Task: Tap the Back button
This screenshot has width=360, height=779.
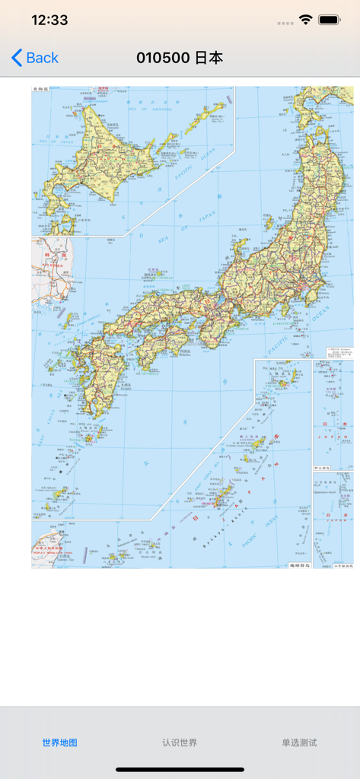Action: [35, 58]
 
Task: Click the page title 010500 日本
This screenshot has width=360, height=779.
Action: [180, 58]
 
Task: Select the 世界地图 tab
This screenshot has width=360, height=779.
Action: [60, 742]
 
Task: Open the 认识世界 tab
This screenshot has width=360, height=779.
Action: [180, 742]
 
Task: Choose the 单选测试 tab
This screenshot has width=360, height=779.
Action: [299, 742]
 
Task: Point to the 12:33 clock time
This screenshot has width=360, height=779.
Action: [49, 21]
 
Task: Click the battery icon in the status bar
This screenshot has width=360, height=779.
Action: [329, 21]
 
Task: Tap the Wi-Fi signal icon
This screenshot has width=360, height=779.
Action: [305, 21]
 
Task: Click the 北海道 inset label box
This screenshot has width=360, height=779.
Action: [40, 89]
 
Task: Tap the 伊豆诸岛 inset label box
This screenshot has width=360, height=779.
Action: [322, 468]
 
